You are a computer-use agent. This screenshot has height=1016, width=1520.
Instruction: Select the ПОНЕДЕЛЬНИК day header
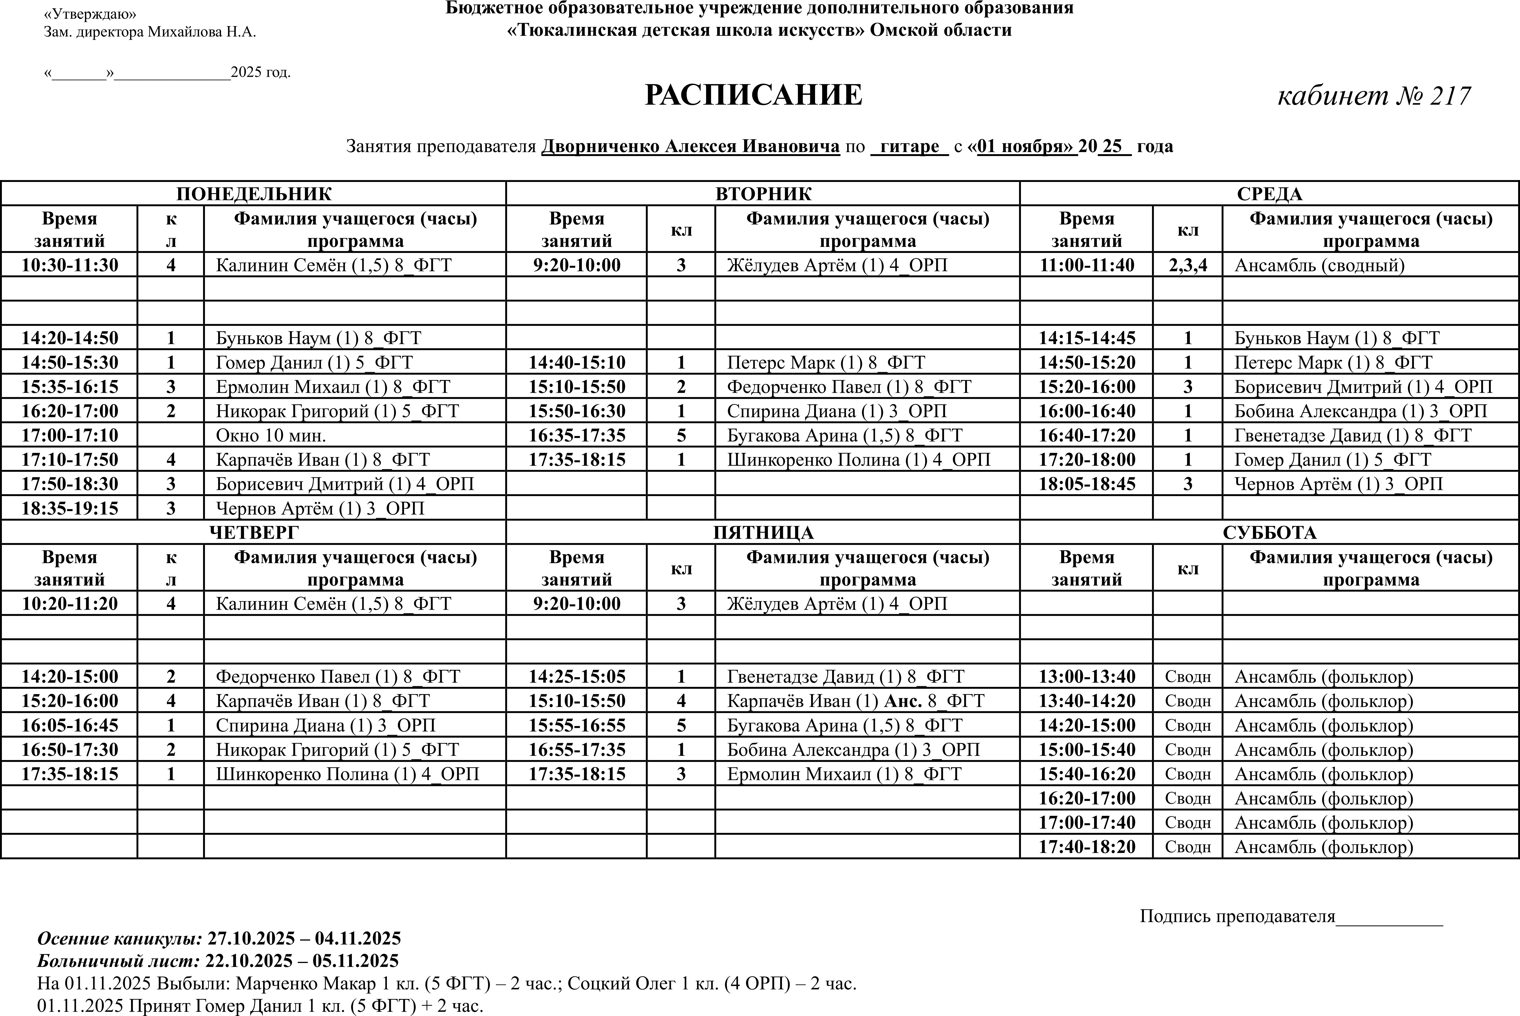[x=253, y=194]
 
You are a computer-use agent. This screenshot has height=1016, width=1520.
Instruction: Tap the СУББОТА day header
[x=1269, y=533]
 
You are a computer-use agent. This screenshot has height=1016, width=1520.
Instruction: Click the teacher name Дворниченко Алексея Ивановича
[x=690, y=146]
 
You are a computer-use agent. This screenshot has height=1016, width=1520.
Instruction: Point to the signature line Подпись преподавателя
[x=1237, y=916]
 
